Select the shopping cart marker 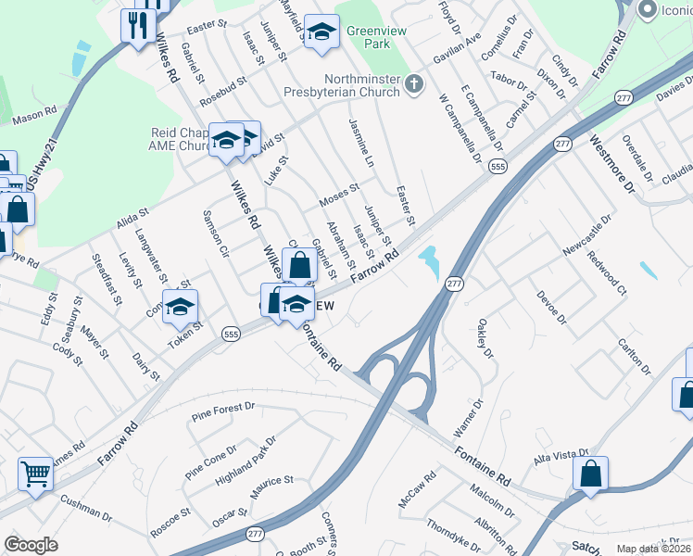point(35,474)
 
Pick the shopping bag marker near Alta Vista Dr point(590,473)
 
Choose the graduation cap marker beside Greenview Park point(321,31)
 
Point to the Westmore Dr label point(612,166)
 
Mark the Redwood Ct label point(607,271)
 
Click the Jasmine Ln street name point(361,142)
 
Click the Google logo point(31,546)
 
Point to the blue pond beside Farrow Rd point(429,260)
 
